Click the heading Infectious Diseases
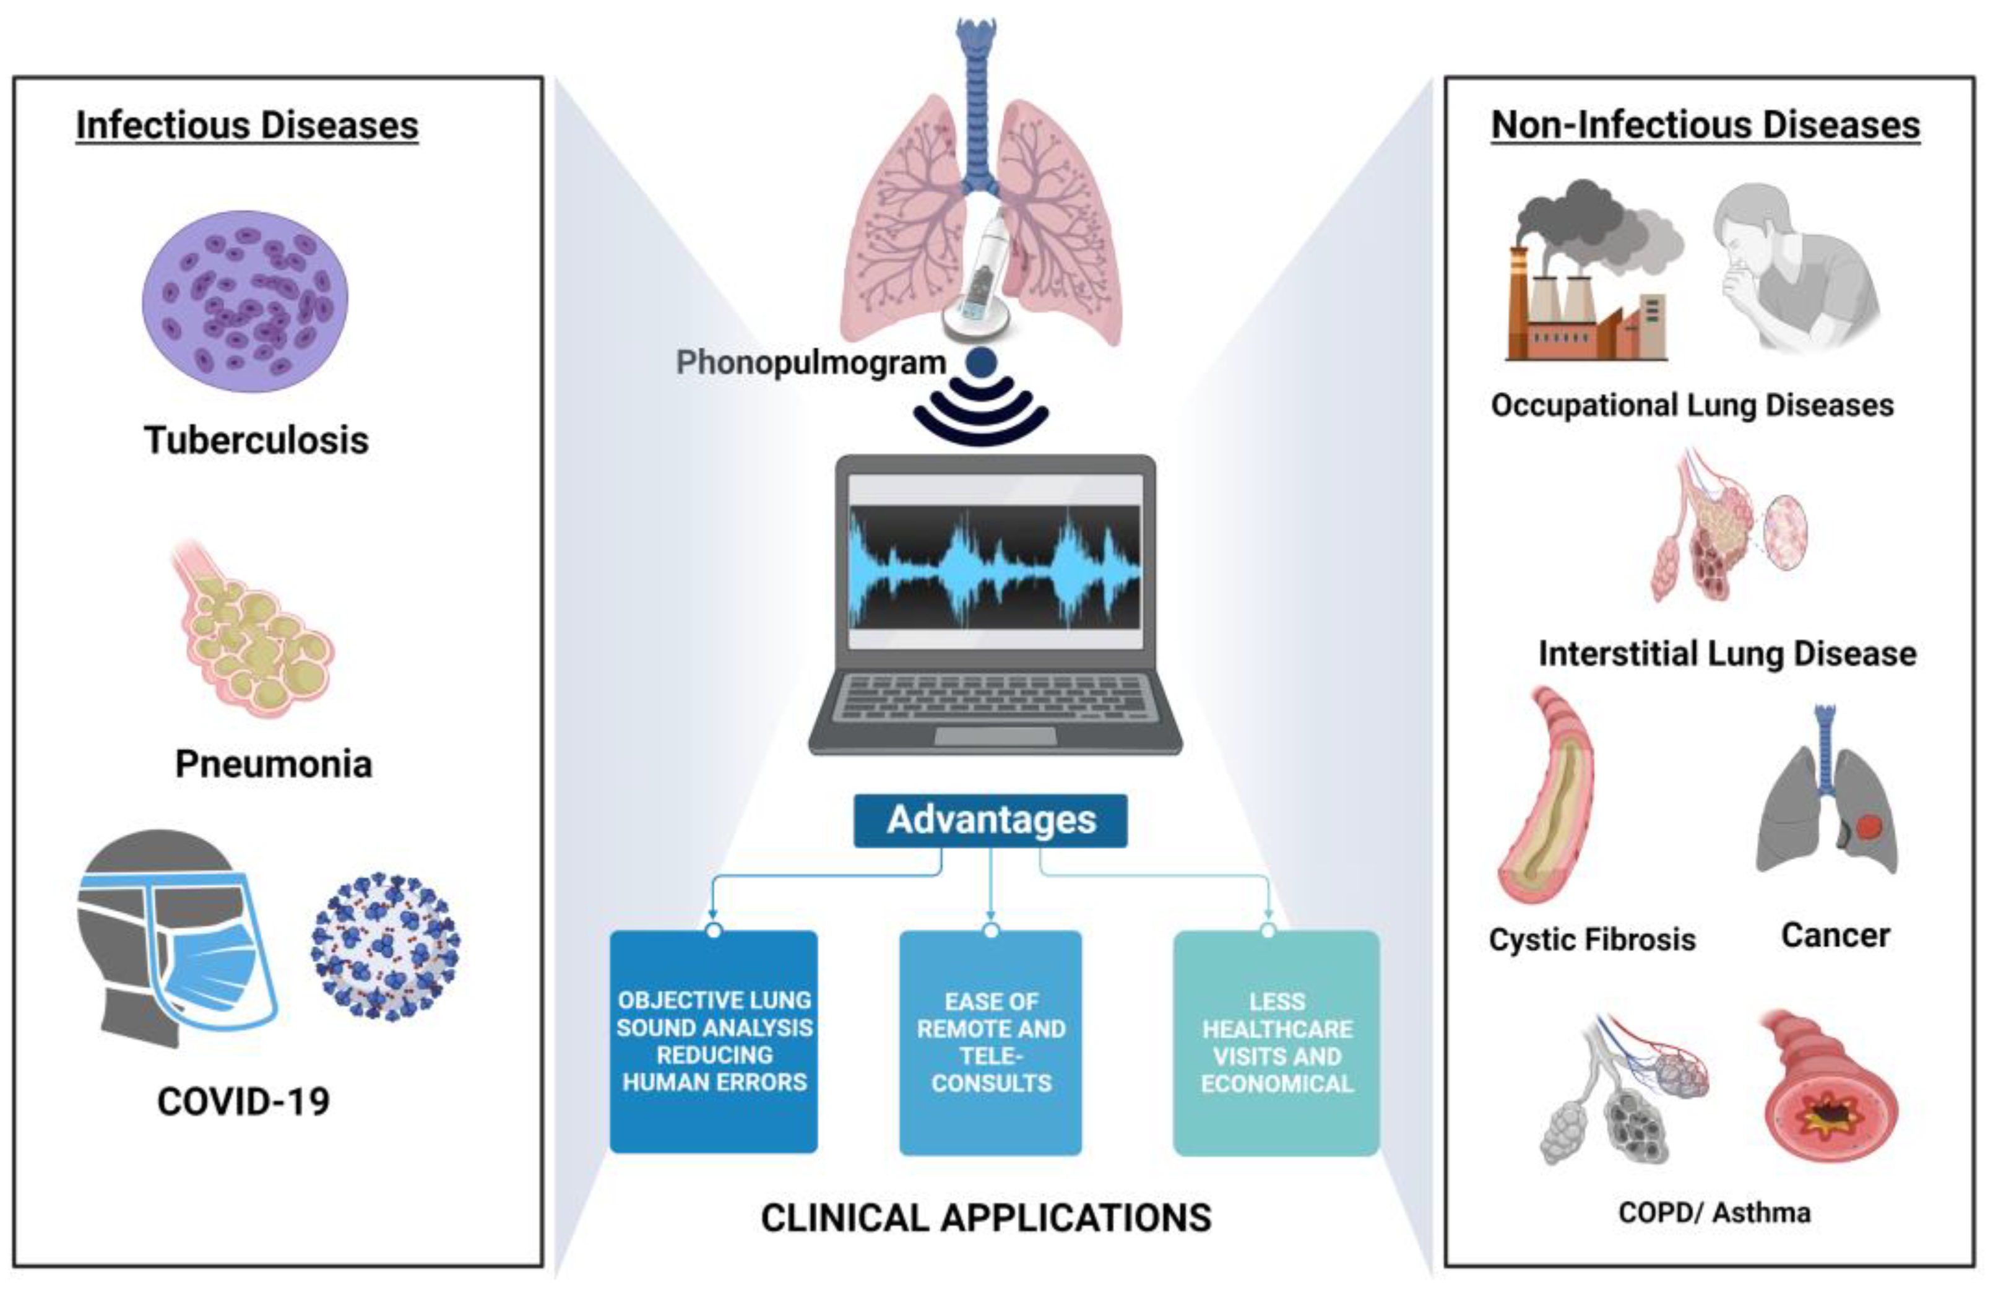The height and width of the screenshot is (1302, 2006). pyautogui.click(x=247, y=125)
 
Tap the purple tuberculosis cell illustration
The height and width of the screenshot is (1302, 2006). pyautogui.click(x=244, y=301)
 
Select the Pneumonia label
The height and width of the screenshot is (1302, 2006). pyautogui.click(x=273, y=763)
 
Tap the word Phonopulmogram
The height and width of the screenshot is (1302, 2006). pyautogui.click(x=811, y=363)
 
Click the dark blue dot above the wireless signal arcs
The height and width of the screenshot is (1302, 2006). pyautogui.click(x=981, y=363)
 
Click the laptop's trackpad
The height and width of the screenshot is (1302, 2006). pyautogui.click(x=995, y=736)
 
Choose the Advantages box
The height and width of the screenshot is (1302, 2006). pyautogui.click(x=990, y=820)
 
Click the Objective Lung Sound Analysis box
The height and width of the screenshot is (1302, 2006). pyautogui.click(x=714, y=1041)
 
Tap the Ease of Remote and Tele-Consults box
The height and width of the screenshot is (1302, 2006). pyautogui.click(x=990, y=1042)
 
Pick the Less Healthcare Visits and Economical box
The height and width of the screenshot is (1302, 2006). pyautogui.click(x=1276, y=1042)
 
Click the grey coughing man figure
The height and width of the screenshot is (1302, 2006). pyautogui.click(x=1796, y=270)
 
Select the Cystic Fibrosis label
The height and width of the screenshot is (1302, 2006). pyautogui.click(x=1591, y=939)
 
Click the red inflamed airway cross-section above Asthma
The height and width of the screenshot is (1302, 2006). pyautogui.click(x=1831, y=1096)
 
